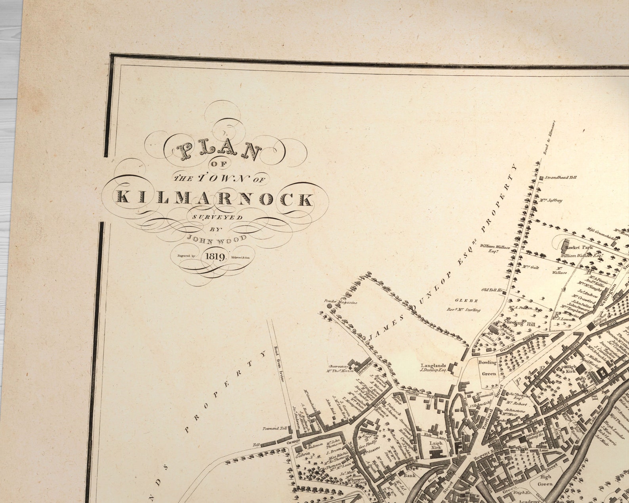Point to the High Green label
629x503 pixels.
(x=546, y=480)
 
